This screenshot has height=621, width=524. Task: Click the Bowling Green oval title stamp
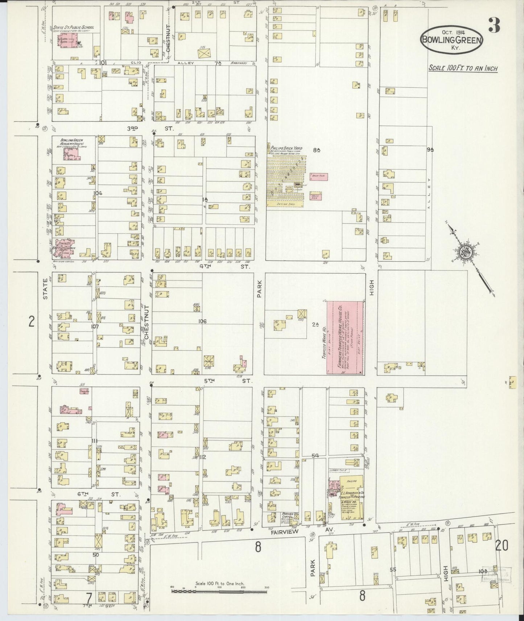click(x=452, y=40)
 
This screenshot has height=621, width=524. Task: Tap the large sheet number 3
click(x=494, y=25)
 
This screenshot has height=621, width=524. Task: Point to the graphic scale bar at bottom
click(x=219, y=591)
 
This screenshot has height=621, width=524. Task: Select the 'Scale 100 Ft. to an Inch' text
click(x=463, y=68)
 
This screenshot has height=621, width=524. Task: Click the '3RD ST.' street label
click(x=150, y=128)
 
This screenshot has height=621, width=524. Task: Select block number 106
click(x=202, y=321)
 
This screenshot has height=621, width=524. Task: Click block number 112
click(x=202, y=457)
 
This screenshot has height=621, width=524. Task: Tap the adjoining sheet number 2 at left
click(x=32, y=321)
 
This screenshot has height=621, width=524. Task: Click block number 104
click(x=97, y=193)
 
